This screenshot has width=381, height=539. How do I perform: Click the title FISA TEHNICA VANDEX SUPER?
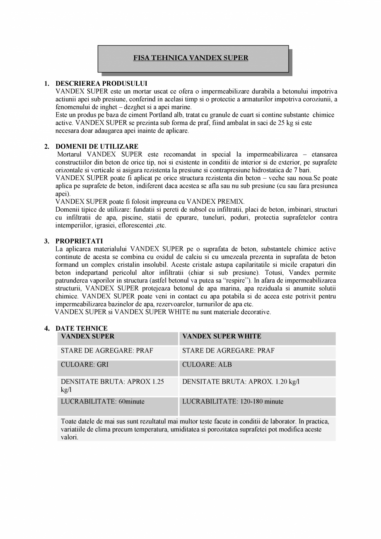tap(190, 58)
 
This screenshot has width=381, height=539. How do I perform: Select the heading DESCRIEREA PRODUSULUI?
tap(101, 83)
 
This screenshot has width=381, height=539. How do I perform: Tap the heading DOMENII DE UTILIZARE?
tap(97, 146)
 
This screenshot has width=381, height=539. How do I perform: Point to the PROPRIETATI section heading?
tap(79, 241)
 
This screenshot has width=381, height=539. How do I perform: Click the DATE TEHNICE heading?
tap(82, 328)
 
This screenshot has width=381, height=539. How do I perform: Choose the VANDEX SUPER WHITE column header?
tap(222, 336)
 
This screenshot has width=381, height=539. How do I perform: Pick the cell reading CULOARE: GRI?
tap(84, 365)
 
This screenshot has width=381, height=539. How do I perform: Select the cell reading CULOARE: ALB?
tap(207, 365)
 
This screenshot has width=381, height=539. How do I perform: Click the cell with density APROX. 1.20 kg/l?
tap(241, 381)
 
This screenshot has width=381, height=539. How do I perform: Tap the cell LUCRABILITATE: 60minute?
tap(102, 401)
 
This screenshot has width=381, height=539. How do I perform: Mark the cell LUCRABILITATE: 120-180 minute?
tap(232, 401)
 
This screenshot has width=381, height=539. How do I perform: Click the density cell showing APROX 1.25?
tap(112, 382)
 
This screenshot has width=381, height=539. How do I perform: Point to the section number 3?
tap(47, 241)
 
